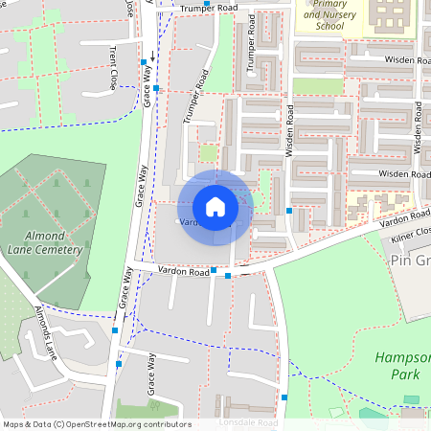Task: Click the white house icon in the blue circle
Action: tap(215, 207)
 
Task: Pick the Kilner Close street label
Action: tap(410, 231)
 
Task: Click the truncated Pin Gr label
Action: tap(410, 260)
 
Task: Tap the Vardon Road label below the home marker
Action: tap(185, 272)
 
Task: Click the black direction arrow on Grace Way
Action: tap(151, 57)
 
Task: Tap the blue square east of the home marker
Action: tap(289, 210)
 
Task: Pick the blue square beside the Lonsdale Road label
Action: tap(284, 397)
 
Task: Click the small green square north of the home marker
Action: tap(208, 152)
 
